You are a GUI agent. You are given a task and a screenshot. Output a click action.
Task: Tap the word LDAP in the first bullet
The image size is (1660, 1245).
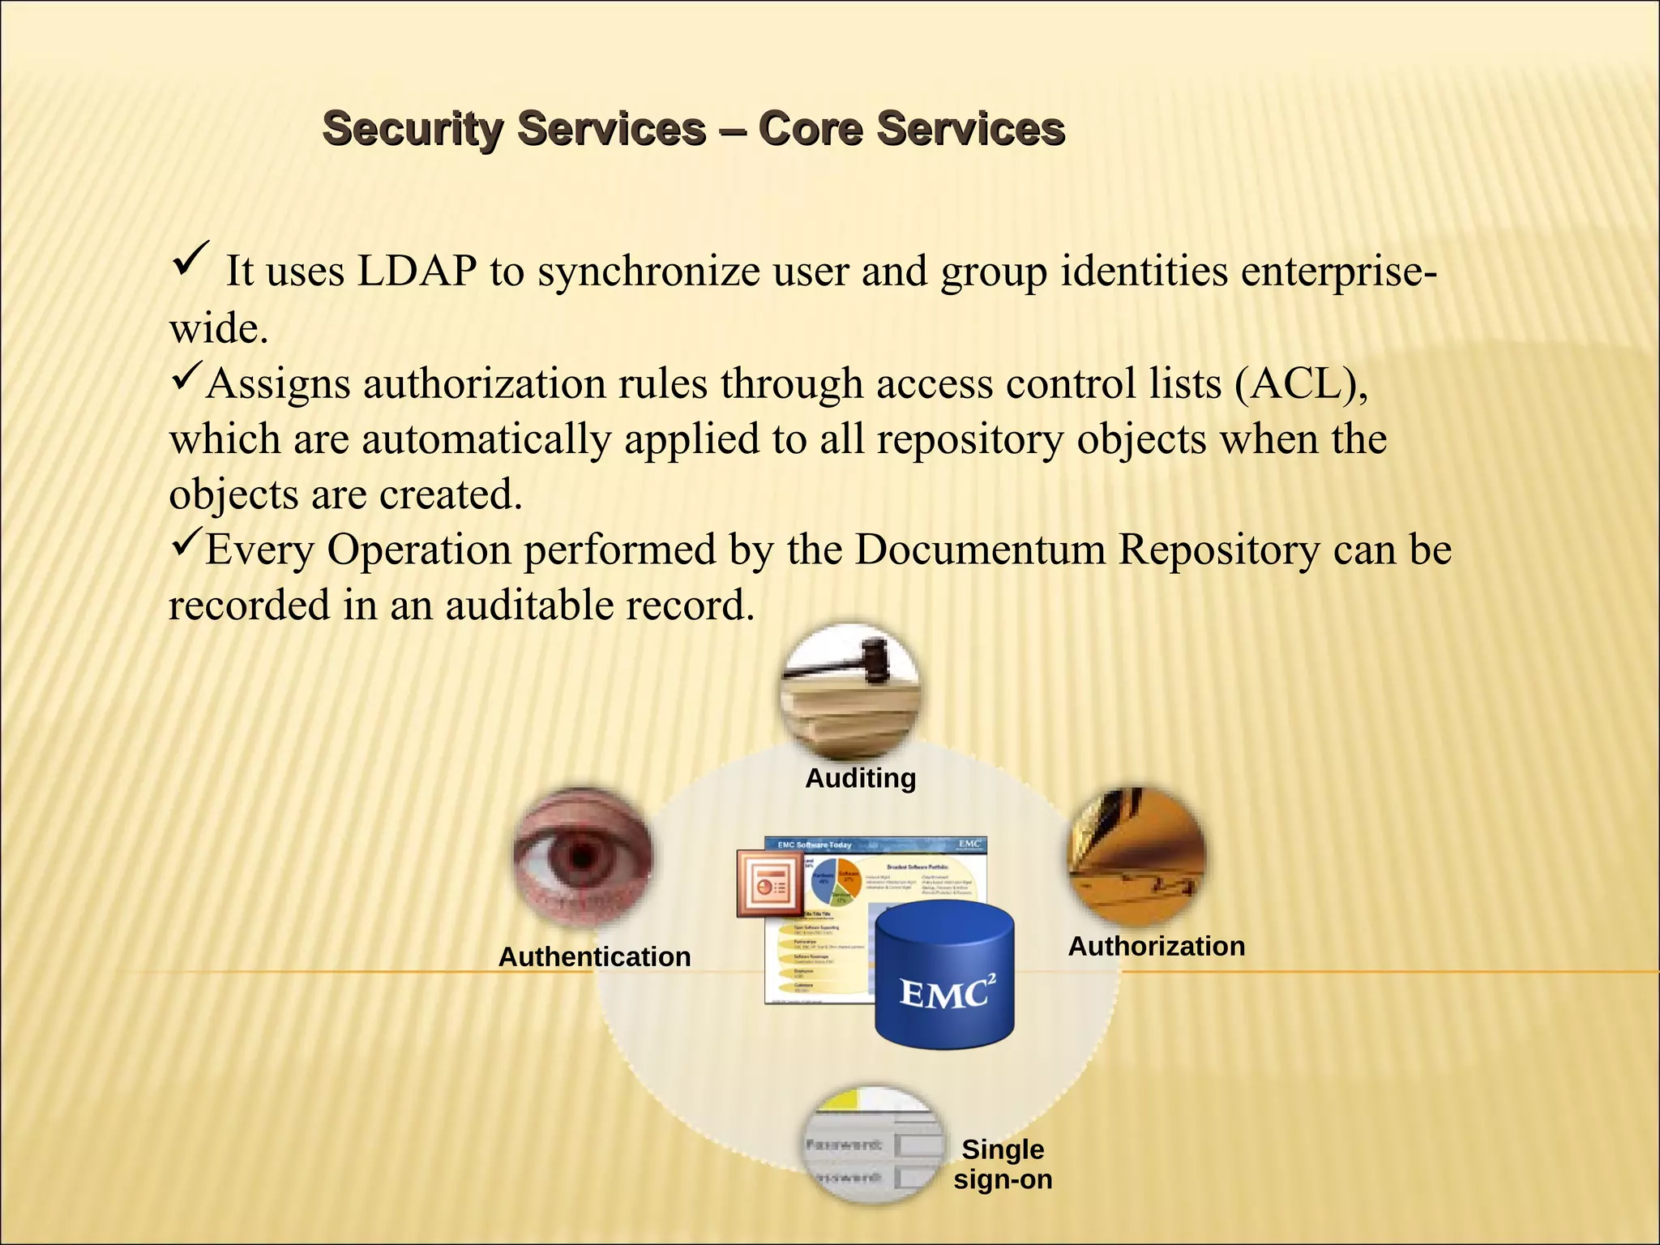coord(417,271)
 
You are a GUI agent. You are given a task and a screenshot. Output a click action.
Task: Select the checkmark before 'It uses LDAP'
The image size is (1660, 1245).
coord(191,260)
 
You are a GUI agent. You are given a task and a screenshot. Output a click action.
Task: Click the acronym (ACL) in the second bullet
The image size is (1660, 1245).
coord(1301,383)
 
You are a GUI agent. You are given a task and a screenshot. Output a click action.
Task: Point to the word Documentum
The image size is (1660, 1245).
coord(980,550)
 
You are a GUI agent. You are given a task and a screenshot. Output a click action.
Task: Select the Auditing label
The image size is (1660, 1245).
coord(860,778)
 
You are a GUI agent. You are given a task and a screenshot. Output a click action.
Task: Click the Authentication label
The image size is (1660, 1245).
coord(594,956)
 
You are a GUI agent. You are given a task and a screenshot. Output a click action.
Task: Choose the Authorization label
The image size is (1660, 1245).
coord(1156,946)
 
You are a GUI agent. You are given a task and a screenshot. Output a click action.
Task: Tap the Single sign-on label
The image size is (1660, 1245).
coord(1003,1164)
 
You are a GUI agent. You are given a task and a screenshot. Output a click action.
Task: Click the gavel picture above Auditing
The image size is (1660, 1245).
coord(850,689)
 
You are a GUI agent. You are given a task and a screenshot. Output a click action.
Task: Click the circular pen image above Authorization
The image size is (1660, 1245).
coord(1136,856)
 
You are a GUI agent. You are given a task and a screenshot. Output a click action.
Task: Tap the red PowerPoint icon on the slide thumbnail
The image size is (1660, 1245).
coord(766,883)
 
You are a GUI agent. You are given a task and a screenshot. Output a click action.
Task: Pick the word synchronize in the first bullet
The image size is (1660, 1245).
coord(648,271)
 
